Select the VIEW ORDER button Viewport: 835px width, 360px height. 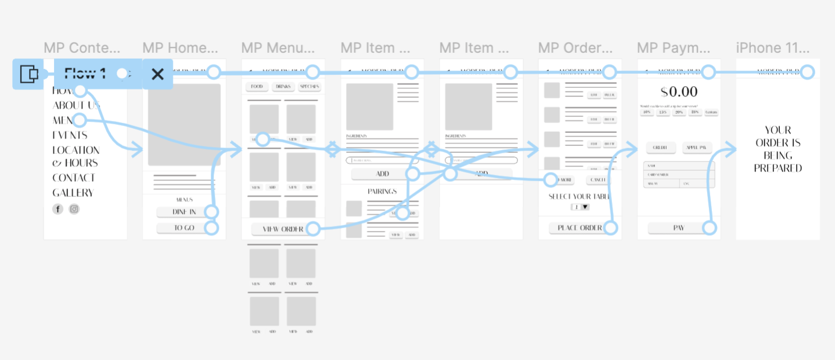pyautogui.click(x=282, y=229)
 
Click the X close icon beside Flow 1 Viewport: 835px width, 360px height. pyautogui.click(x=157, y=74)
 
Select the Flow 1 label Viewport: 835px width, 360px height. pyautogui.click(x=85, y=74)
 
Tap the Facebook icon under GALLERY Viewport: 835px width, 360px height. pyautogui.click(x=57, y=209)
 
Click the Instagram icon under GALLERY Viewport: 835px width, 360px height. pyautogui.click(x=74, y=209)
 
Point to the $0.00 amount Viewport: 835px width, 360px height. pyautogui.click(x=679, y=92)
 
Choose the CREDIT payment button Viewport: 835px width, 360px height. pyautogui.click(x=660, y=147)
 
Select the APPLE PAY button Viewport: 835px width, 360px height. pyautogui.click(x=697, y=147)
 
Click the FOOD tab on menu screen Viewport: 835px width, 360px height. pyautogui.click(x=257, y=87)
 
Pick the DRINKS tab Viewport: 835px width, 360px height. pyautogui.click(x=283, y=87)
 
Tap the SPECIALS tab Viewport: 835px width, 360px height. pyautogui.click(x=309, y=87)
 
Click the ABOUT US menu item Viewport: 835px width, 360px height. pyautogui.click(x=76, y=106)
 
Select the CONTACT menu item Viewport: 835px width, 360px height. pyautogui.click(x=73, y=178)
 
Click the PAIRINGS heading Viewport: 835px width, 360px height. pyautogui.click(x=382, y=191)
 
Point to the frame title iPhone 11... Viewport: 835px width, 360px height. pyautogui.click(x=776, y=48)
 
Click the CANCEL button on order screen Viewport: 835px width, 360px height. pyautogui.click(x=598, y=180)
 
